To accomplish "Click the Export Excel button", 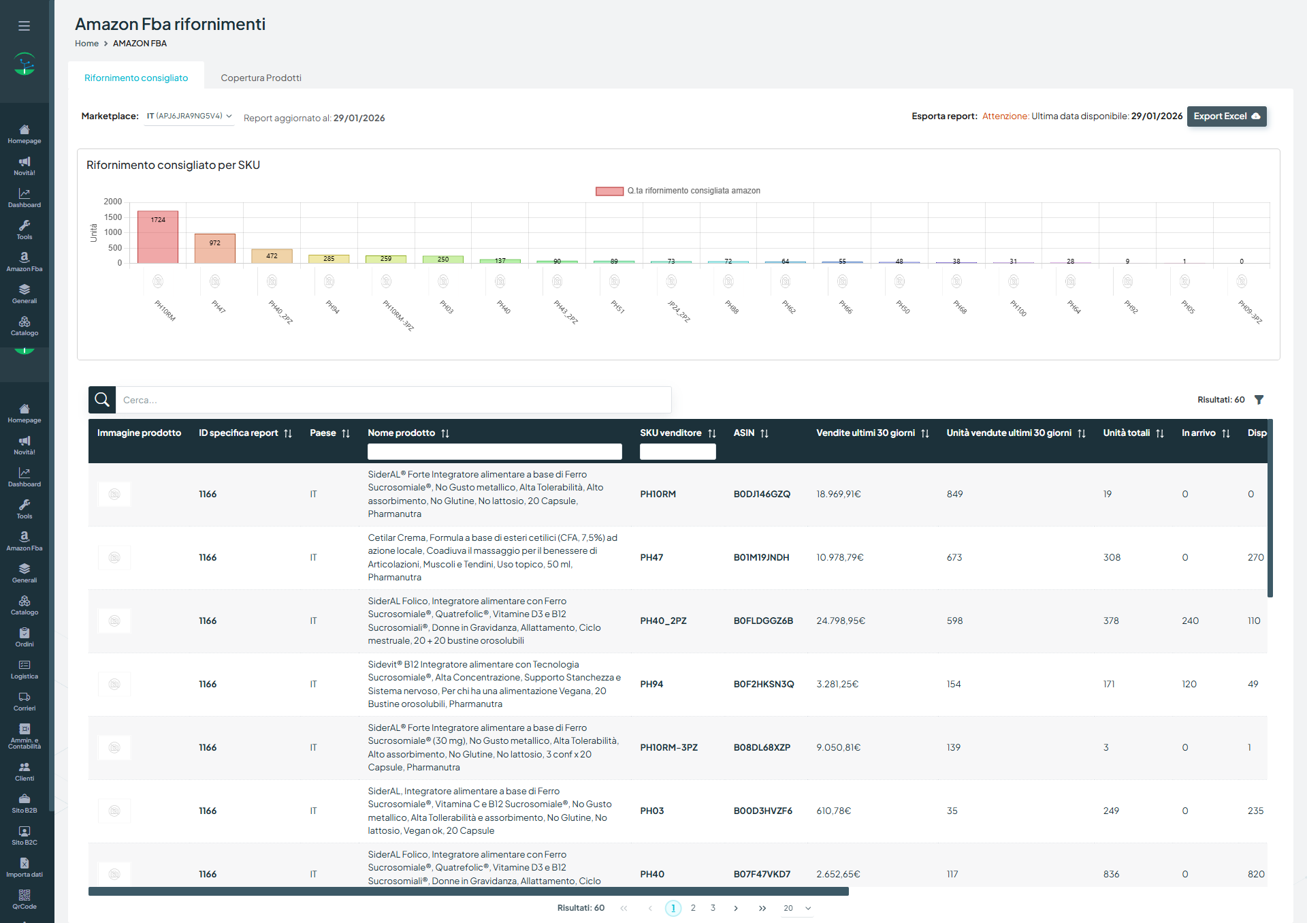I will click(1226, 116).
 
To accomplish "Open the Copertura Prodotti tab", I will click(261, 78).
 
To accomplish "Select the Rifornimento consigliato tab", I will click(136, 78).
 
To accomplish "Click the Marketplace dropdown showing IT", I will click(189, 116).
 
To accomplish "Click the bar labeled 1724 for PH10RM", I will click(158, 237).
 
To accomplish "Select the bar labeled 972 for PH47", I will click(215, 249).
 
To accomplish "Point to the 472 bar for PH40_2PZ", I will click(272, 256).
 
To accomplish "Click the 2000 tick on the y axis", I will click(113, 202).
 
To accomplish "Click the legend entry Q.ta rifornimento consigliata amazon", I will click(678, 191).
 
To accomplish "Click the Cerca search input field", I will click(393, 400).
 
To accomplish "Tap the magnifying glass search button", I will click(102, 400).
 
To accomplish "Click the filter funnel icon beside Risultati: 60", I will click(1259, 400).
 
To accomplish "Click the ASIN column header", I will click(744, 433).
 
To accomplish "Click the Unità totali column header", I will click(1127, 433).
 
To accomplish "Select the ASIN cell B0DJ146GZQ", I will click(762, 495).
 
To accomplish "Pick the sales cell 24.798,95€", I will click(841, 621).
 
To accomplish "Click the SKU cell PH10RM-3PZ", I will click(668, 748).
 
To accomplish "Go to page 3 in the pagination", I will click(713, 908).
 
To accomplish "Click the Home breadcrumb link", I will click(86, 44).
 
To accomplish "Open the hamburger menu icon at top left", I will click(25, 26).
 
